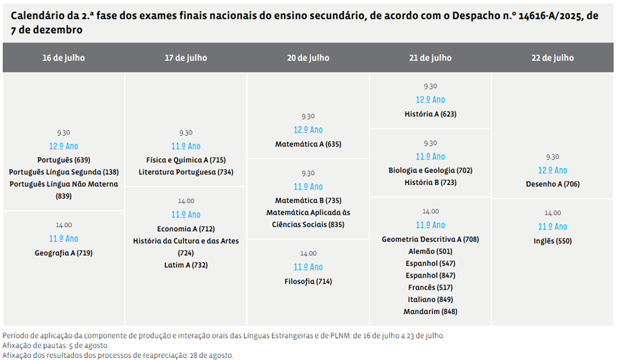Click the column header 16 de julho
(x=63, y=58)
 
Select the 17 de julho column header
(x=186, y=58)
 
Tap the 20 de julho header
(x=308, y=58)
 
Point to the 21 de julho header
(x=430, y=58)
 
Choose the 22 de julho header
(x=552, y=58)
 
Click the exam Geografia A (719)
(x=63, y=253)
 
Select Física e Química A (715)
(x=186, y=160)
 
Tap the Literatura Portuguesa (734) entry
(x=186, y=172)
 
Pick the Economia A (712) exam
(x=186, y=228)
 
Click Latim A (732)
(x=186, y=265)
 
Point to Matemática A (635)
(x=308, y=144)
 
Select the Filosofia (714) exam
(x=308, y=281)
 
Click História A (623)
(x=430, y=113)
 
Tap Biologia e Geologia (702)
(x=430, y=170)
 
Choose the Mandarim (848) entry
(x=430, y=311)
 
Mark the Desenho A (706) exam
(x=552, y=184)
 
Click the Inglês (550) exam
(x=552, y=241)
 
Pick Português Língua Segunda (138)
(x=63, y=172)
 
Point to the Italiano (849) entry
(x=430, y=299)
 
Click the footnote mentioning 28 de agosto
(x=118, y=355)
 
